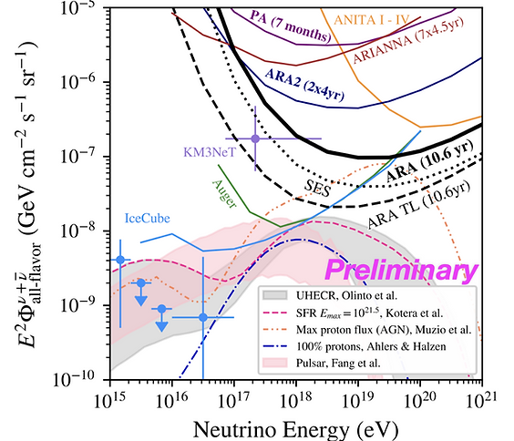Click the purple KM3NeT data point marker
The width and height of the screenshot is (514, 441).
(x=255, y=138)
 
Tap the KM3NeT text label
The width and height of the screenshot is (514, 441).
(x=210, y=152)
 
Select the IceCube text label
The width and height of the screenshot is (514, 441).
(x=148, y=218)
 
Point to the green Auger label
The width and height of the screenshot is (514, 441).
(x=224, y=193)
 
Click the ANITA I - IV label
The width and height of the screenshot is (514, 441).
(x=372, y=20)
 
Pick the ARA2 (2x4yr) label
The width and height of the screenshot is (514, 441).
(x=304, y=84)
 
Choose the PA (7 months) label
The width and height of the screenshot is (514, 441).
(x=291, y=26)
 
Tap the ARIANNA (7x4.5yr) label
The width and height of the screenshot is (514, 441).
(x=408, y=40)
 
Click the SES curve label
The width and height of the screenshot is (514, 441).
(x=317, y=188)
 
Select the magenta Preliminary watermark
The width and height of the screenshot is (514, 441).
(x=401, y=271)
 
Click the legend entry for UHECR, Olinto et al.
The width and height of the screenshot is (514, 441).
(x=346, y=295)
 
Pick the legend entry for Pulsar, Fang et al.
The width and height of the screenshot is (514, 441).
(x=338, y=363)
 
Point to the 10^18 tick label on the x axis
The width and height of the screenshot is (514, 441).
(x=296, y=399)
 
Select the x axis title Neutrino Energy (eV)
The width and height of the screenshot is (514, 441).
(x=295, y=429)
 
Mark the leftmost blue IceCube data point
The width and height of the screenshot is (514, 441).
(x=120, y=260)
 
